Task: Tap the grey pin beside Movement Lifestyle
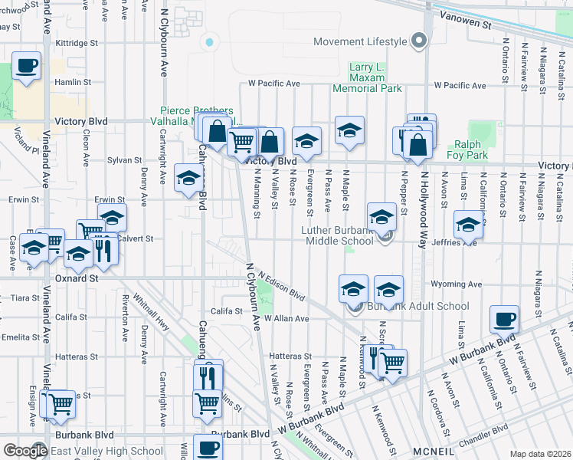tap(418, 41)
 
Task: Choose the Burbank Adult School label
tap(417, 307)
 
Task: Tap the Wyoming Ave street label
tap(457, 284)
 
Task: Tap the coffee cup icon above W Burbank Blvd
tap(504, 319)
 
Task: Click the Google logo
tap(25, 451)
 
